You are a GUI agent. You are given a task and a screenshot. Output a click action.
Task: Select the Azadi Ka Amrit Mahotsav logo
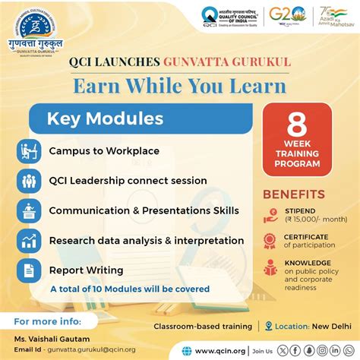[333, 16]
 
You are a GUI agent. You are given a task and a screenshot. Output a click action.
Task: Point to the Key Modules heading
[105, 118]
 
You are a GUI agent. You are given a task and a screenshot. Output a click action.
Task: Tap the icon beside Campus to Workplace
[30, 151]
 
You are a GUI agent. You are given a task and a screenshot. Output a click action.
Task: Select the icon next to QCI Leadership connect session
[30, 181]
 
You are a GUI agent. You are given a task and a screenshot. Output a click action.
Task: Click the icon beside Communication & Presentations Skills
[30, 210]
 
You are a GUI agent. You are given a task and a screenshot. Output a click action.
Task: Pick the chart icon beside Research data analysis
[30, 241]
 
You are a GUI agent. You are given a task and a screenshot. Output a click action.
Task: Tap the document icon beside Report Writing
[30, 270]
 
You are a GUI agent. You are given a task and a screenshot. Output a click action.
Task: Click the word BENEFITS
[294, 194]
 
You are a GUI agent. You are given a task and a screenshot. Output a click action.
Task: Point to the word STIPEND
[300, 212]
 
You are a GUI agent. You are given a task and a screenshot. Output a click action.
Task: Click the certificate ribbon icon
[270, 241]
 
